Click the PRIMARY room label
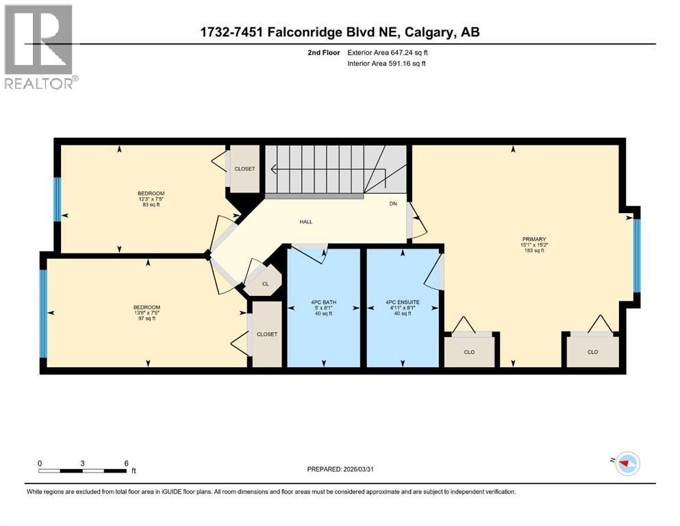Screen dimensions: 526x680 533,239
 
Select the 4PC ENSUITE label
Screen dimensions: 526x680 403,302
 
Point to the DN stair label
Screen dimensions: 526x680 393,203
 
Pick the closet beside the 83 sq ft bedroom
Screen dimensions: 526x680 244,168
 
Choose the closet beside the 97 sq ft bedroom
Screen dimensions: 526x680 266,334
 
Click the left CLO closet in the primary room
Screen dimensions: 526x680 469,351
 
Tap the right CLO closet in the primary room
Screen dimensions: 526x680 592,351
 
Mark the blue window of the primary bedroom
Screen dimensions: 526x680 636,255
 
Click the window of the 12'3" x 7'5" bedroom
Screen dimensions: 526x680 58,199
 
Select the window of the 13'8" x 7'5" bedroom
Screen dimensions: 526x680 44,313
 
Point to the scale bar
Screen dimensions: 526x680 82,471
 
